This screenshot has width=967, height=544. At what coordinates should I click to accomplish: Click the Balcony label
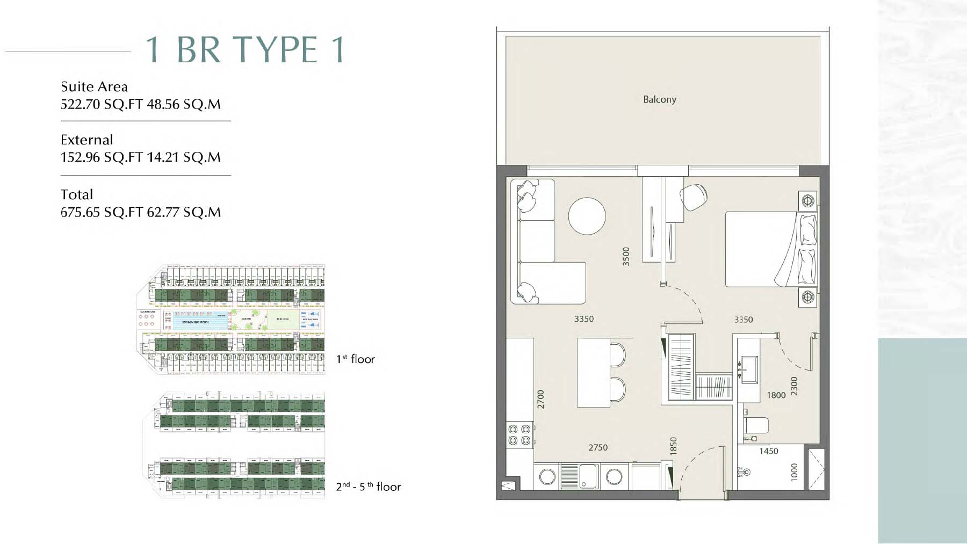click(x=659, y=99)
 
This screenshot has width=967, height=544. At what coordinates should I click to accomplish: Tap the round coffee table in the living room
click(x=587, y=216)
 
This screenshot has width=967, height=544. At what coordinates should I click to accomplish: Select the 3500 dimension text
click(x=625, y=256)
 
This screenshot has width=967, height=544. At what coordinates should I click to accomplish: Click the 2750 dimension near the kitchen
click(x=597, y=447)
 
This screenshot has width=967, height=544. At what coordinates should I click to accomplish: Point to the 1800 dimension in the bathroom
click(x=776, y=395)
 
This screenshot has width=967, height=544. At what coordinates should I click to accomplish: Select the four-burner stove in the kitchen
click(x=519, y=434)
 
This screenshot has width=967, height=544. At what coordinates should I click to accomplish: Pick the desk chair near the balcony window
click(x=693, y=197)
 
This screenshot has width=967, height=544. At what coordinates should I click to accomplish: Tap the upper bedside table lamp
click(x=807, y=201)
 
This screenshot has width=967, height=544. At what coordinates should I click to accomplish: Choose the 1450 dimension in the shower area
click(x=768, y=451)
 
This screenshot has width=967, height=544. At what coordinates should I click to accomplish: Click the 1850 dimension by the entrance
click(x=673, y=446)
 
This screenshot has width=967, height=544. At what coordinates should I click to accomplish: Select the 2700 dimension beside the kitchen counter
click(x=540, y=399)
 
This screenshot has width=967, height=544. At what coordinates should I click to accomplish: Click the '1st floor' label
click(x=355, y=359)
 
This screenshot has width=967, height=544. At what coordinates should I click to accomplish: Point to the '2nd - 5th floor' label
click(x=368, y=487)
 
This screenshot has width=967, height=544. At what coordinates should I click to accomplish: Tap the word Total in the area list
click(x=77, y=194)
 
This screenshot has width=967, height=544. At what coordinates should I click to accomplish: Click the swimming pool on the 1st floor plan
click(x=196, y=321)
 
